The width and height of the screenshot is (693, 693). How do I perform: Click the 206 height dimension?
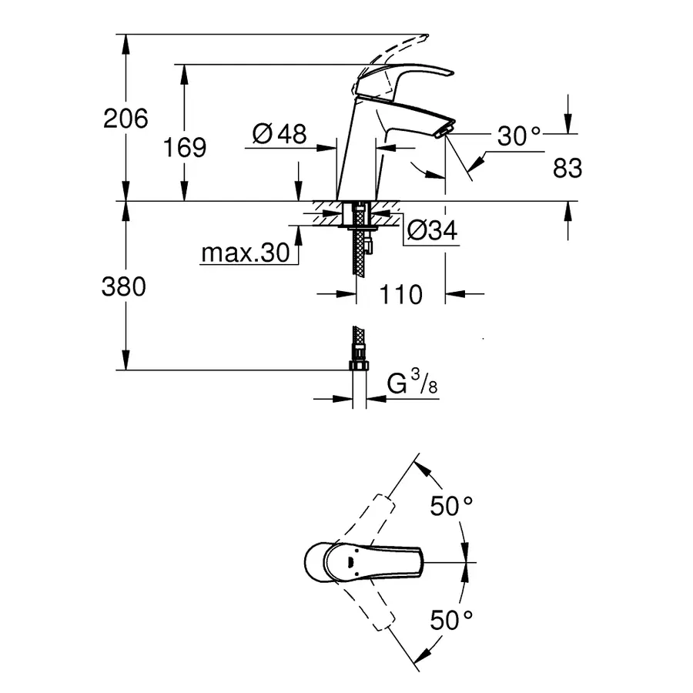click(126, 119)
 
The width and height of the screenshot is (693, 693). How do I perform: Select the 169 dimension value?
click(185, 146)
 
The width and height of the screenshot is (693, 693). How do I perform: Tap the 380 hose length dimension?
click(124, 286)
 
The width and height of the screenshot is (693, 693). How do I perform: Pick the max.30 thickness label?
click(244, 253)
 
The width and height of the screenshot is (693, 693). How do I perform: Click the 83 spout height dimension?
click(567, 168)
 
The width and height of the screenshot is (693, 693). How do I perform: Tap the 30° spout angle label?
click(519, 136)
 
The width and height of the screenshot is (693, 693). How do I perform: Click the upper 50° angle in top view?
click(450, 506)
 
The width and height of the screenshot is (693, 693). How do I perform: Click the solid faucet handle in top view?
click(362, 561)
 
